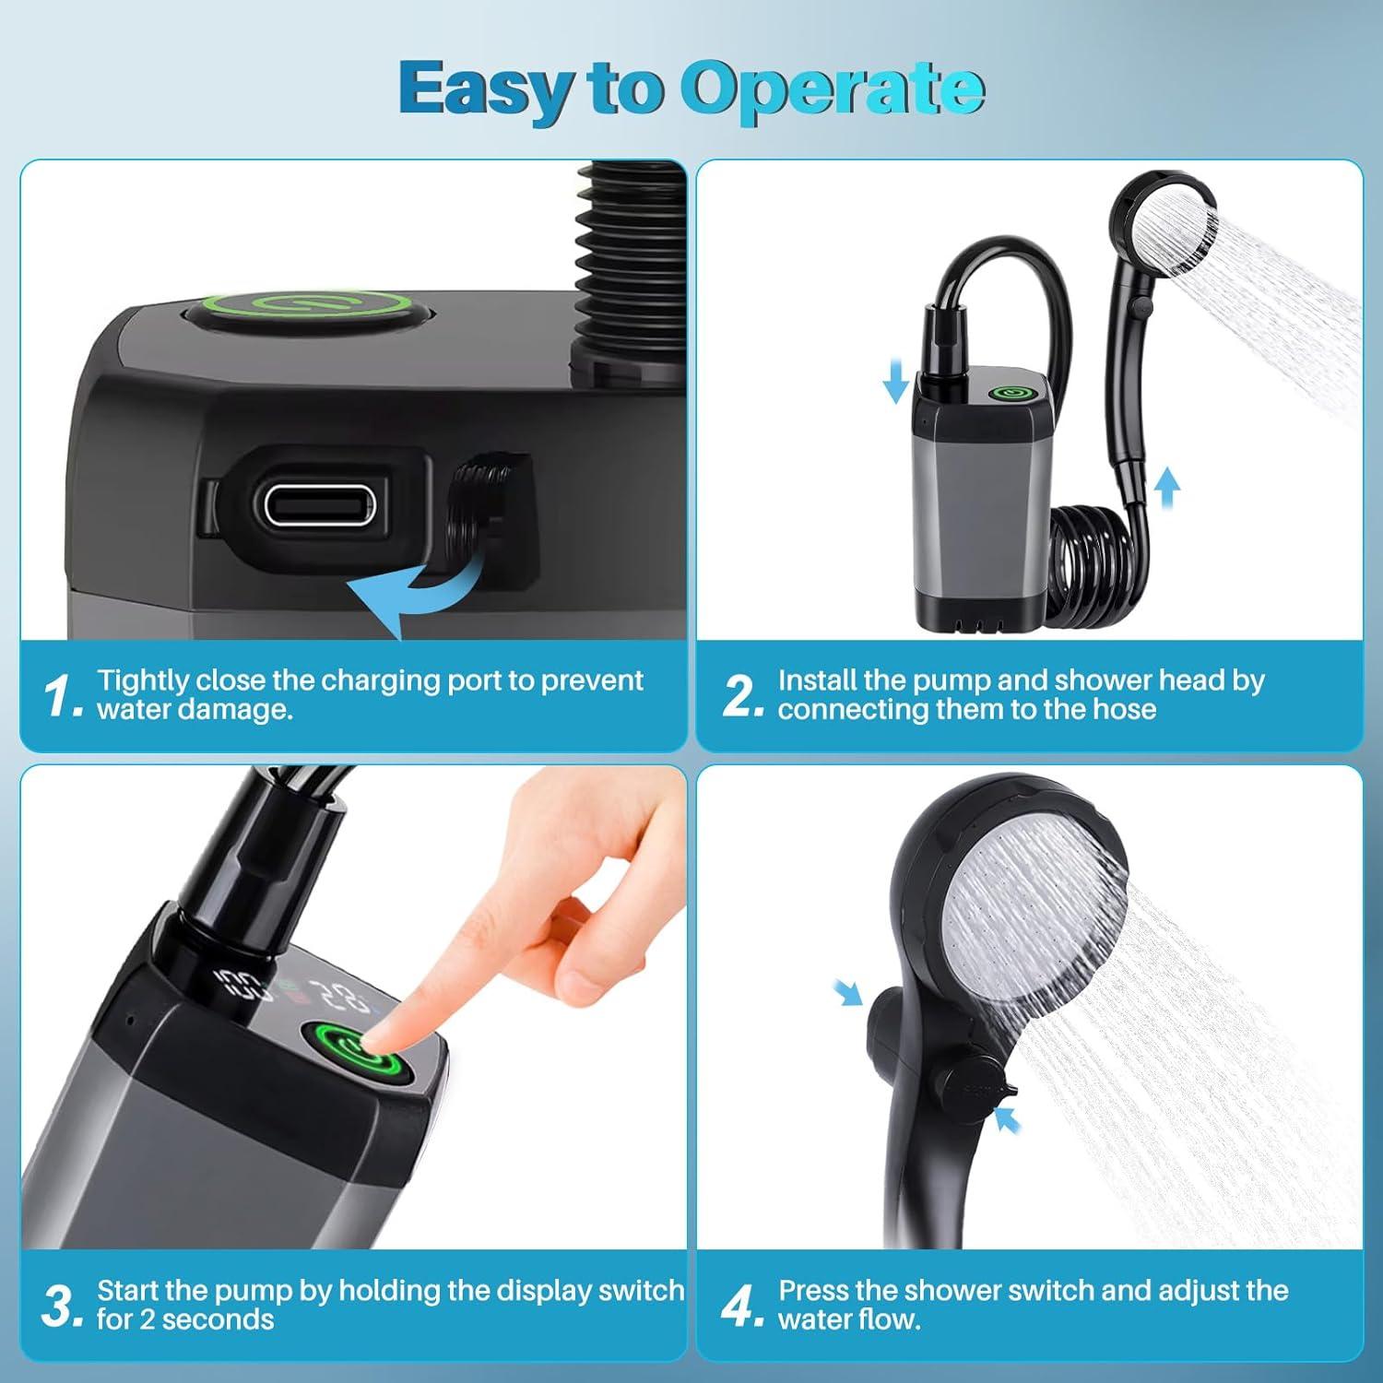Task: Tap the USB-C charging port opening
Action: coord(318,504)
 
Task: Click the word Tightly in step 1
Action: coord(142,680)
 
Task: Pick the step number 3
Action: coord(63,1306)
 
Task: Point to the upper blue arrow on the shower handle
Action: coord(847,992)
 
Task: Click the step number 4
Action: coord(741,1306)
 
